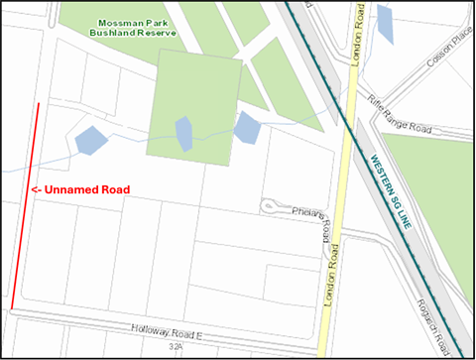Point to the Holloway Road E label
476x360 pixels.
coord(166,333)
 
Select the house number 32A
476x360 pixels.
coord(176,348)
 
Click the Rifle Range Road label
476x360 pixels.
coord(400,115)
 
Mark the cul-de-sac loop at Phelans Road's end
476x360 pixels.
coord(270,206)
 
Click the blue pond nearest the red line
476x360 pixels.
coord(90,140)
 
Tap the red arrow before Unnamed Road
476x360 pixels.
coord(35,189)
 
